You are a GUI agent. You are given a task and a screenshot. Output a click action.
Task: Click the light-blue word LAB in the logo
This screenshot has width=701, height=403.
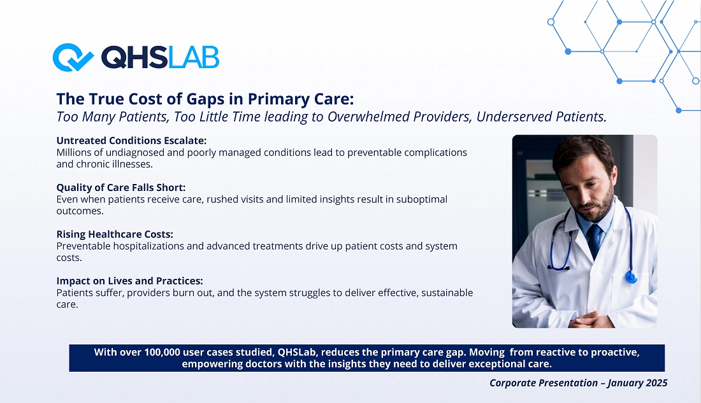[194, 57]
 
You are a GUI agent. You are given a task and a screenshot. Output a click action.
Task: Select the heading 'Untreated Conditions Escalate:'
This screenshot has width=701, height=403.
[131, 141]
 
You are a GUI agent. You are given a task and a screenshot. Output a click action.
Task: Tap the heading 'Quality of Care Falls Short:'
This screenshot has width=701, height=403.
[120, 188]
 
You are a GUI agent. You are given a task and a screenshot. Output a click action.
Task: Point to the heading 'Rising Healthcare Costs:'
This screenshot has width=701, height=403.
[115, 234]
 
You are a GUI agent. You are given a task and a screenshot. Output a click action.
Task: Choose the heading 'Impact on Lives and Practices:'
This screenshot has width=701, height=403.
[129, 281]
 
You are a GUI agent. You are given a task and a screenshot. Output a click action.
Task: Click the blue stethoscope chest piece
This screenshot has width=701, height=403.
[632, 278]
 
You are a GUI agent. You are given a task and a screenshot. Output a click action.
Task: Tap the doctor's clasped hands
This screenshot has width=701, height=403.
[586, 320]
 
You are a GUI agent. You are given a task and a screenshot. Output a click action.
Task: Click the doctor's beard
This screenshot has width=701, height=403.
[598, 206]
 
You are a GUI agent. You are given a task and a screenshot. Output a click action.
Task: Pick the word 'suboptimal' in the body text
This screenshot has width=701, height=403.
[422, 199]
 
